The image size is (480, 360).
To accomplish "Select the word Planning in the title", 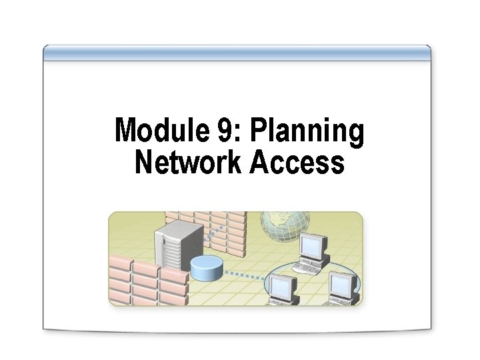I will pyautogui.click(x=307, y=132).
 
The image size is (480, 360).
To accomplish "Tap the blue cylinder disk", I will pyautogui.click(x=205, y=269).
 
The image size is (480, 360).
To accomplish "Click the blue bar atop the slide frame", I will pyautogui.click(x=237, y=53).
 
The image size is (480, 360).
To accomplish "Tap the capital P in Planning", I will pyautogui.click(x=259, y=131).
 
